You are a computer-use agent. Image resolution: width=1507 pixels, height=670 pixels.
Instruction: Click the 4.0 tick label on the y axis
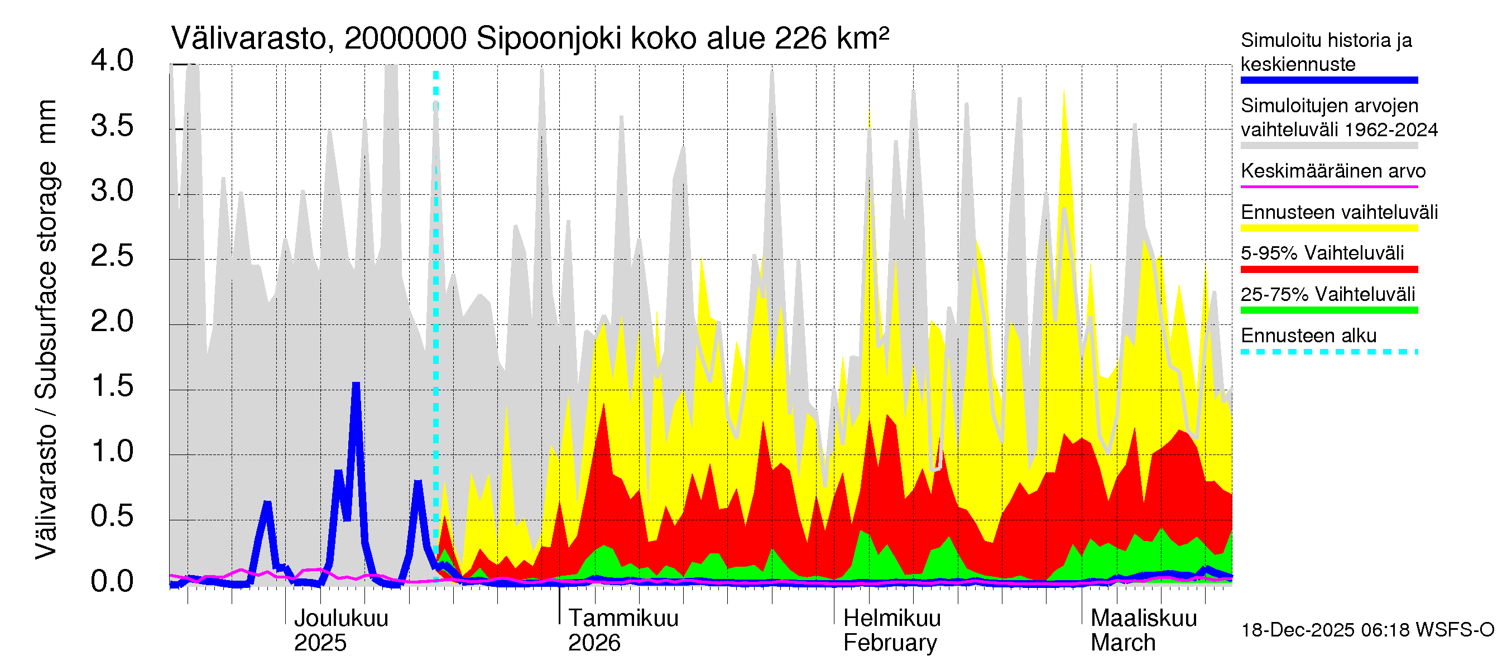tap(112, 61)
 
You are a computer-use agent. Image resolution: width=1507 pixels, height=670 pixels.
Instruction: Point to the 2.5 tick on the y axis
tap(112, 256)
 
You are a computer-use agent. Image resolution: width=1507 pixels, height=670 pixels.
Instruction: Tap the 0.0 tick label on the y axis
tap(112, 582)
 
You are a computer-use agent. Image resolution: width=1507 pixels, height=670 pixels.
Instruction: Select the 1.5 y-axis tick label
tap(112, 386)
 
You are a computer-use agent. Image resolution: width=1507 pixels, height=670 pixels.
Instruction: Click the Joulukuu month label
tap(341, 618)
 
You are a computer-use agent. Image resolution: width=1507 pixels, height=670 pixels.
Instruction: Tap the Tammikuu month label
tap(623, 618)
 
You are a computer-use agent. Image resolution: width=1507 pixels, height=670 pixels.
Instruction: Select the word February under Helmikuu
tap(890, 643)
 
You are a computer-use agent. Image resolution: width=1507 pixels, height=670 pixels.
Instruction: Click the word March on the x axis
tap(1122, 643)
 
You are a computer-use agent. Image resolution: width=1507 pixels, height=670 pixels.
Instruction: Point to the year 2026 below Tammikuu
tap(594, 643)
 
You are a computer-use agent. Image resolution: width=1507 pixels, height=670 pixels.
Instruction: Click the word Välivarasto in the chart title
tap(248, 39)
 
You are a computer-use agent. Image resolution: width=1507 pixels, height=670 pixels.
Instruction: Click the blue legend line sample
tap(1328, 80)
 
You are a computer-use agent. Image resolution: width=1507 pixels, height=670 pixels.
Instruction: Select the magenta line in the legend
tap(1328, 186)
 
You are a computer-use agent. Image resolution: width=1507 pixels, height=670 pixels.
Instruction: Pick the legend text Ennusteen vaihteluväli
tap(1338, 212)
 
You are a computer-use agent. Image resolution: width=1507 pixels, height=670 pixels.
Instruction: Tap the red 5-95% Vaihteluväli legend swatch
tap(1328, 269)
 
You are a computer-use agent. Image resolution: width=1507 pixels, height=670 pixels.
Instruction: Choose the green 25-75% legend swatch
tap(1328, 310)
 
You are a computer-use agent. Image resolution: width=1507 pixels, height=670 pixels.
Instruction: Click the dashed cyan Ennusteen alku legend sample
tap(1328, 352)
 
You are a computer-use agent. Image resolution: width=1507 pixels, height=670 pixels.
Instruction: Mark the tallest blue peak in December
tap(356, 385)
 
